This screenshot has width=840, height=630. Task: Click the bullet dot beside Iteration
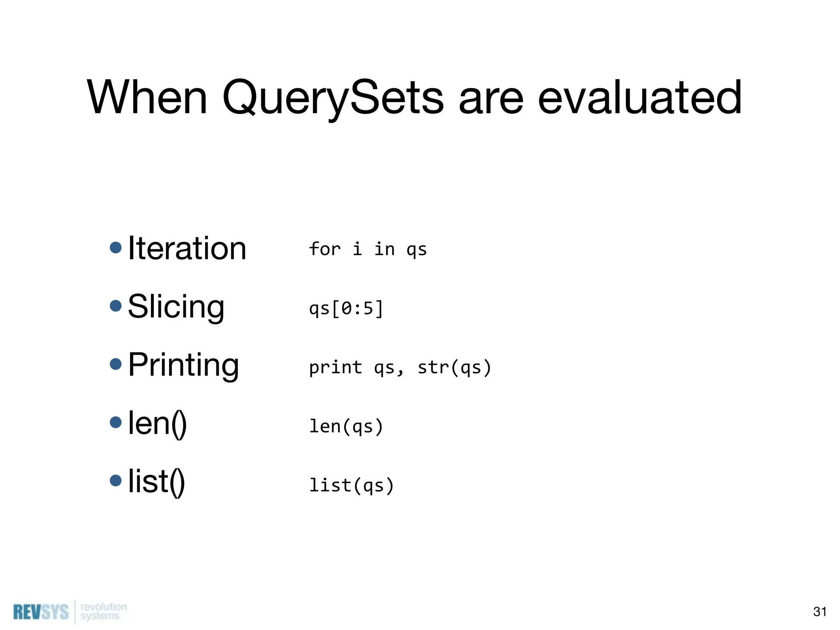click(x=116, y=248)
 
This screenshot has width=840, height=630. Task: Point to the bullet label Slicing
click(x=176, y=307)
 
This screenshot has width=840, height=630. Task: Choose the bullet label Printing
click(x=183, y=365)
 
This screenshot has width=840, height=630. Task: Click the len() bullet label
click(x=157, y=423)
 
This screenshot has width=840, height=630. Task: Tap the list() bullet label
click(x=157, y=482)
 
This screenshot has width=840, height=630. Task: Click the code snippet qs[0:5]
click(x=346, y=308)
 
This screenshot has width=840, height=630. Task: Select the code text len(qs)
click(x=346, y=427)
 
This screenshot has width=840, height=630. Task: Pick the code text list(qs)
click(x=352, y=486)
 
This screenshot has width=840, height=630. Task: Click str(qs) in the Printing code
click(x=454, y=367)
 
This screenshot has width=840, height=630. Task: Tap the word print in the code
click(x=336, y=367)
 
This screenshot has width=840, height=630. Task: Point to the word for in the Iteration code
click(x=325, y=249)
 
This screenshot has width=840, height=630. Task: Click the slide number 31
click(x=819, y=612)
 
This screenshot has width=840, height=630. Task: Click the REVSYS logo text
click(x=41, y=612)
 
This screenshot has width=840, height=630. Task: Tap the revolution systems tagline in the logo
click(x=103, y=611)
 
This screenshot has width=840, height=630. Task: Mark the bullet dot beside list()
click(x=116, y=480)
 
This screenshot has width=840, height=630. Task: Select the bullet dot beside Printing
click(x=116, y=364)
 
